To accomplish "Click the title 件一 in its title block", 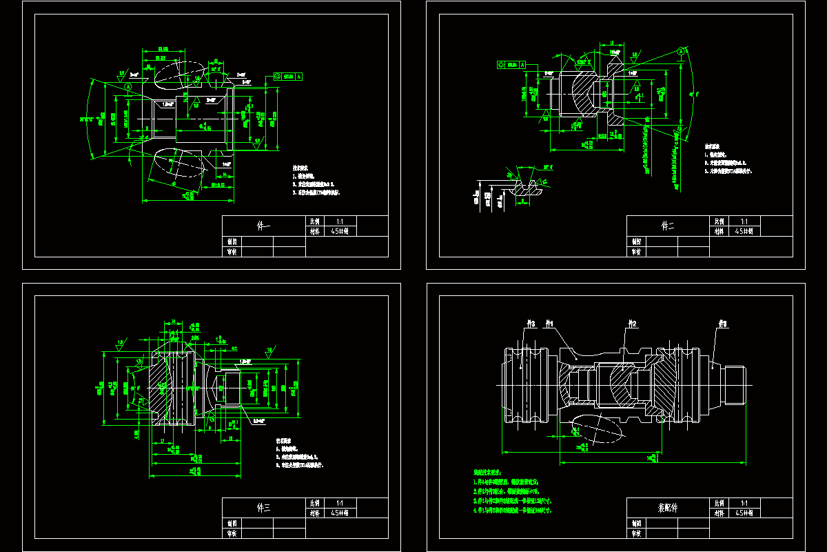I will point(264,226).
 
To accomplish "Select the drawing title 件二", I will point(668,226).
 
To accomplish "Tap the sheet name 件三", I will point(264,508).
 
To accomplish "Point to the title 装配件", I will point(668,508).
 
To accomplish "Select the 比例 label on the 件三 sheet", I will point(315,503).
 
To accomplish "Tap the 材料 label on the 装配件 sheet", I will point(719,513).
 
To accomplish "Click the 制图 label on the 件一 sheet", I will point(232,242).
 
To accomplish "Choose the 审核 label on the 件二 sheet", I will point(637,252).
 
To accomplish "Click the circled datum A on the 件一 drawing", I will point(128,88).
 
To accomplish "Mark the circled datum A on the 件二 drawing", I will point(681,51).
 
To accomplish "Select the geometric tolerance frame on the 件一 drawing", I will point(288,77).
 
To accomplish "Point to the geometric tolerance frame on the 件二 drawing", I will point(511,64).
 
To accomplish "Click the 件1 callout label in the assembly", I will point(549,323).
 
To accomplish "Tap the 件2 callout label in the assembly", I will point(632,323).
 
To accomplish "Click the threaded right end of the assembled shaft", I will point(735,386).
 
